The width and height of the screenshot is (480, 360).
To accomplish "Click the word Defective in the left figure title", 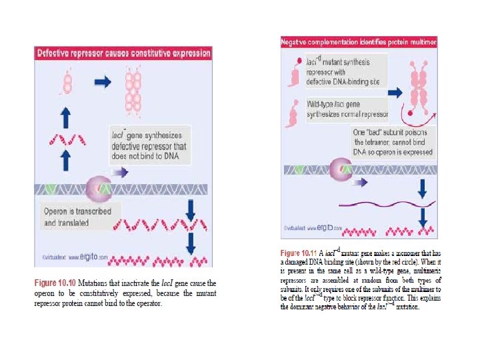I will tap(55, 53).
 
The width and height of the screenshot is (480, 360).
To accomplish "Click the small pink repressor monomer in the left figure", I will tap(67, 83).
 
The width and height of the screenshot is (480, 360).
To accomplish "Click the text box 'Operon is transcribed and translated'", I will tap(77, 217).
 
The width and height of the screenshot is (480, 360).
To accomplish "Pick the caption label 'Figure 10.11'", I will tap(299, 254).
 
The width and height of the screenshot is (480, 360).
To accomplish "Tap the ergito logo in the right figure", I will tap(327, 228).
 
